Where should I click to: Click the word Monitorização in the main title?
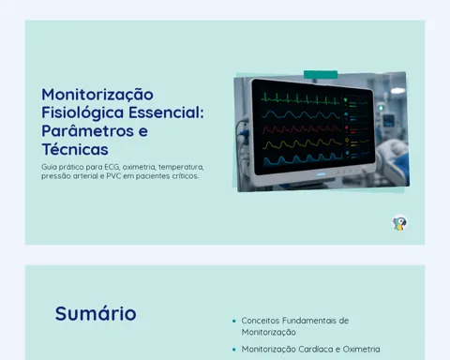(x=97, y=95)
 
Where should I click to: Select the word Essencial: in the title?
(x=166, y=112)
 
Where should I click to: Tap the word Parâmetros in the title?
(x=88, y=131)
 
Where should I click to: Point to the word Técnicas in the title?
(x=75, y=149)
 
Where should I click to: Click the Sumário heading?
(x=96, y=313)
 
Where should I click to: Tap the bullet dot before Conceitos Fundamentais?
(x=234, y=321)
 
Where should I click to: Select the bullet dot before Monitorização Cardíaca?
(x=234, y=350)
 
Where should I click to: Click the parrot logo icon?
(x=399, y=223)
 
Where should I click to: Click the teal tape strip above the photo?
(x=321, y=75)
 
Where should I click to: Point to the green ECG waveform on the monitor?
(x=301, y=98)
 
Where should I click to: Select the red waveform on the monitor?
(x=302, y=128)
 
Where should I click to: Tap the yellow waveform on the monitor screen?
(x=302, y=144)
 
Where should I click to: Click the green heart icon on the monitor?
(x=346, y=100)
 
